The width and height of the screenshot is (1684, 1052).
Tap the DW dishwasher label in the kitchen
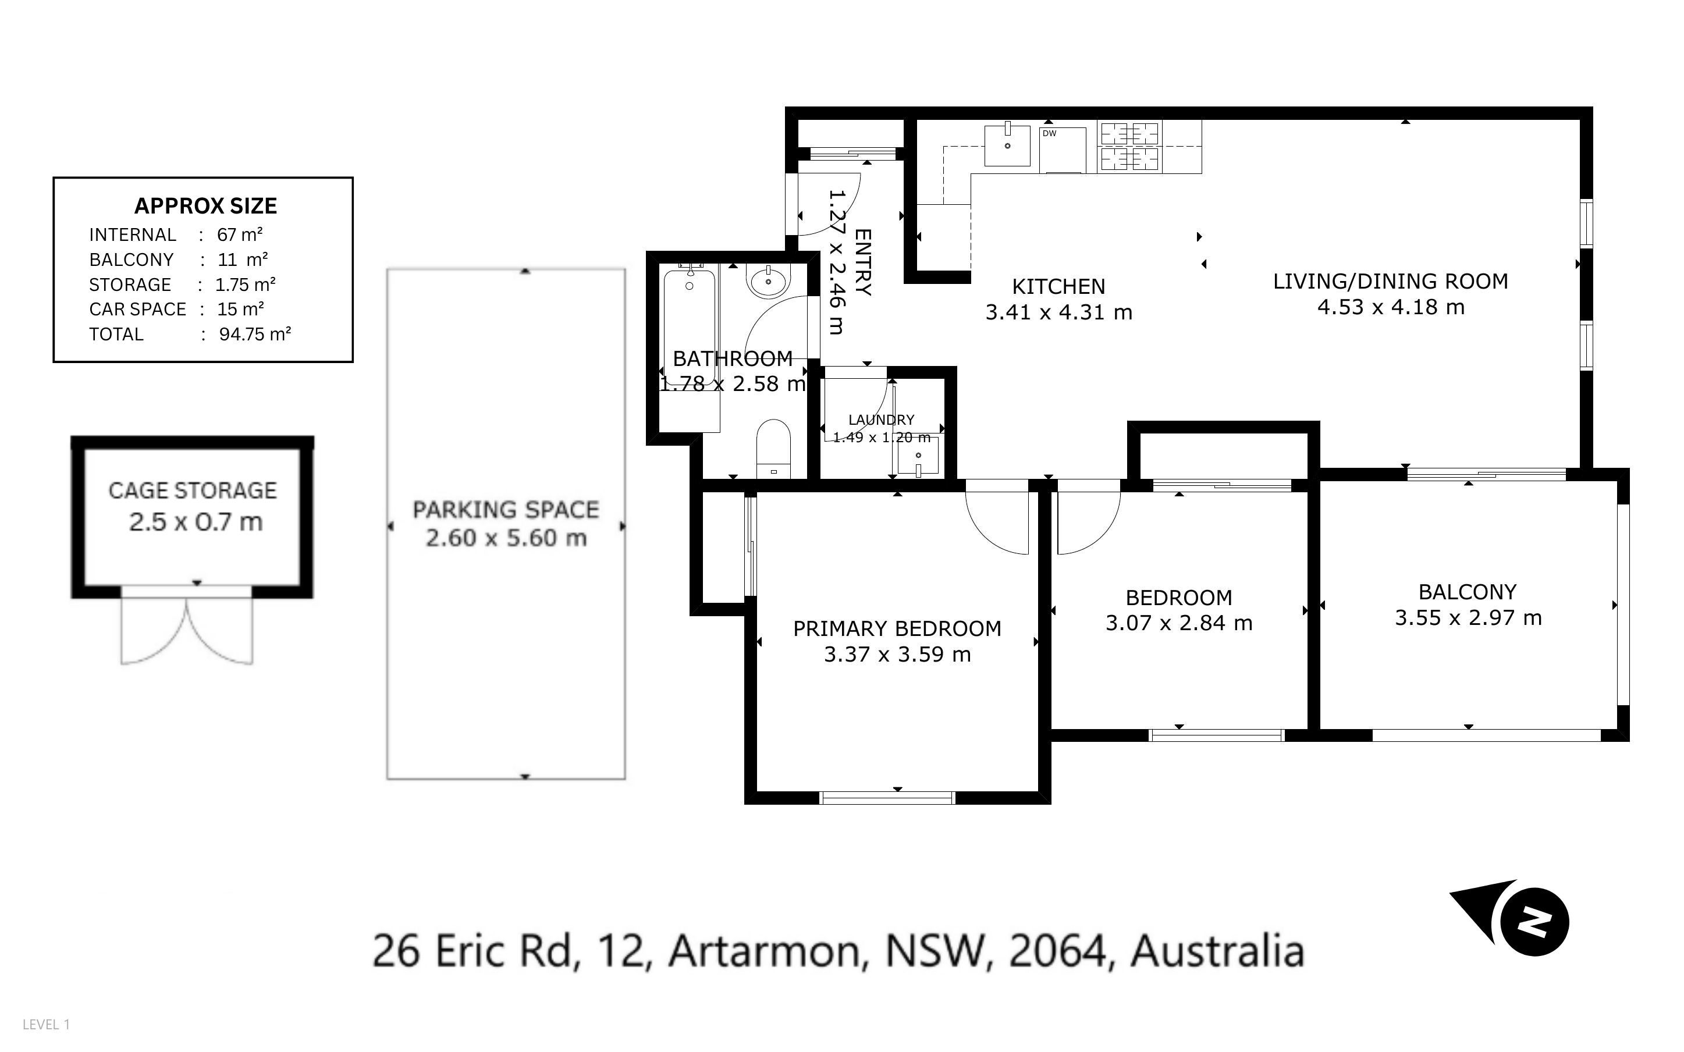1050,133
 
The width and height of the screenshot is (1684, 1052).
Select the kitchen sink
1007,145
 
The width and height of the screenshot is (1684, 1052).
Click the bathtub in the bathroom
690,328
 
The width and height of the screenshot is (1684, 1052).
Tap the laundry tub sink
918,456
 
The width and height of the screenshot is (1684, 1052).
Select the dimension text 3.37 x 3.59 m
897,654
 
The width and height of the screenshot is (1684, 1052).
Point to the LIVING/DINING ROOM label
1391,281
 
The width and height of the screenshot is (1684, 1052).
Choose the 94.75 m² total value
255,334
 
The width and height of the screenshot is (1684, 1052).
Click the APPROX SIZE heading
206,206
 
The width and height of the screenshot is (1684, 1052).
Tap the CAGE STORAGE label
193,491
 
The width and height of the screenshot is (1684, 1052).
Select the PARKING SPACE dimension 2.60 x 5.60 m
506,538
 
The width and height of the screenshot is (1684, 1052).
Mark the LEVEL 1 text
47,1024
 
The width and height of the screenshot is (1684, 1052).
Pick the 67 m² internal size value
240,234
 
